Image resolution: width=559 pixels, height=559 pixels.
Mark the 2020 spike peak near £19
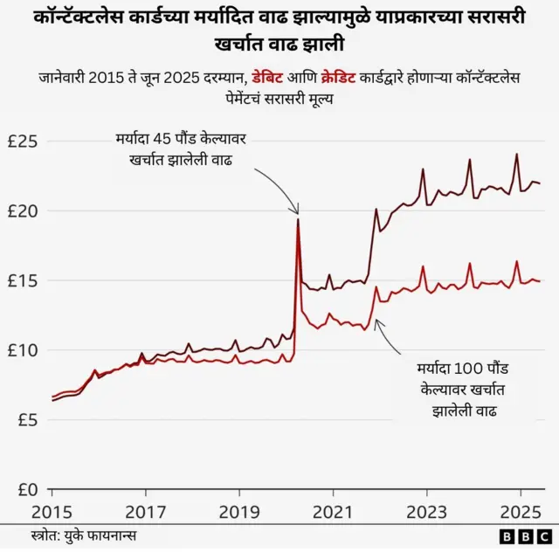click(x=298, y=219)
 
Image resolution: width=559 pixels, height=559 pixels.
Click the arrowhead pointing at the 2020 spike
click(x=297, y=212)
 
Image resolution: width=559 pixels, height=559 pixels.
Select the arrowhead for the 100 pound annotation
click(x=376, y=322)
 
